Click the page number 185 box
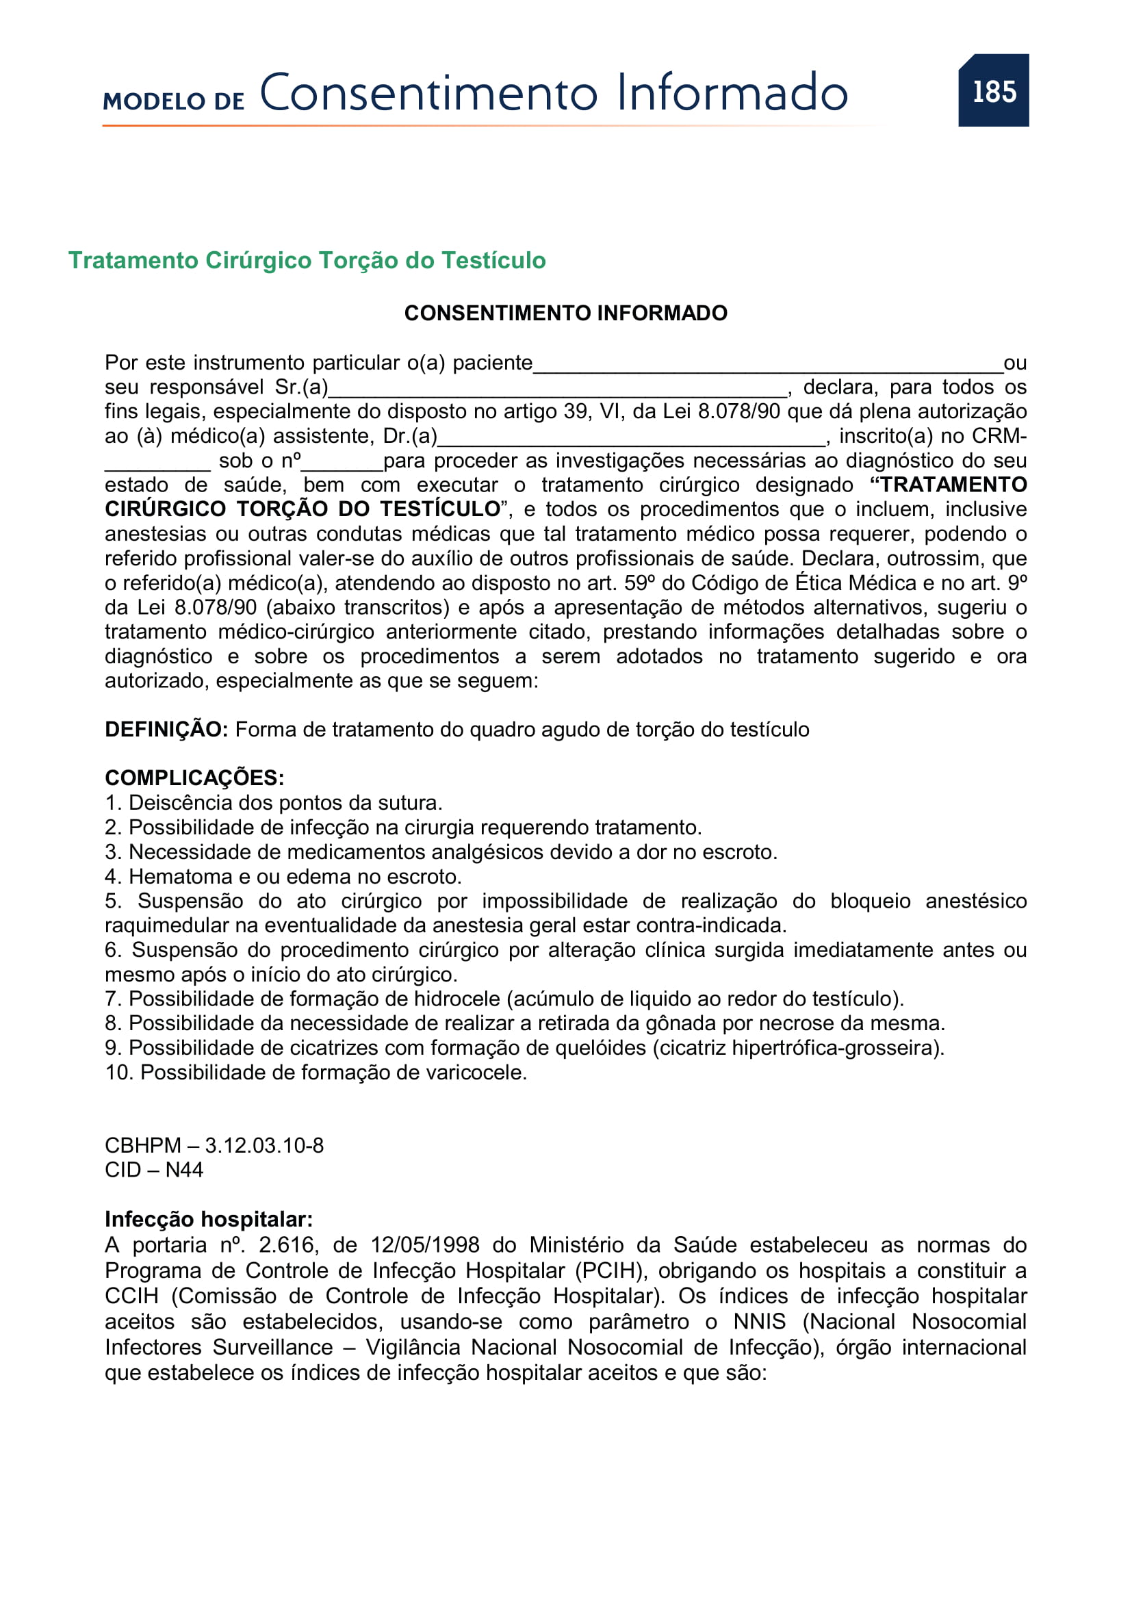[993, 90]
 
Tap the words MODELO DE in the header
[174, 101]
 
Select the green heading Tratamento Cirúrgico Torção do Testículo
[307, 260]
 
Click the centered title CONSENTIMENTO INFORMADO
[565, 313]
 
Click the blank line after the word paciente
[767, 368]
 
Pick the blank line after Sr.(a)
[558, 392]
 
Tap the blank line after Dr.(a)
[631, 441]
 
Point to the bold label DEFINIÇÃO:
[166, 730]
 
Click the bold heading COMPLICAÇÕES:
[194, 778]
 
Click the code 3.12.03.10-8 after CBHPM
[264, 1146]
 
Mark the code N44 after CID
[184, 1170]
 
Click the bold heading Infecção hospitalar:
[209, 1220]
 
